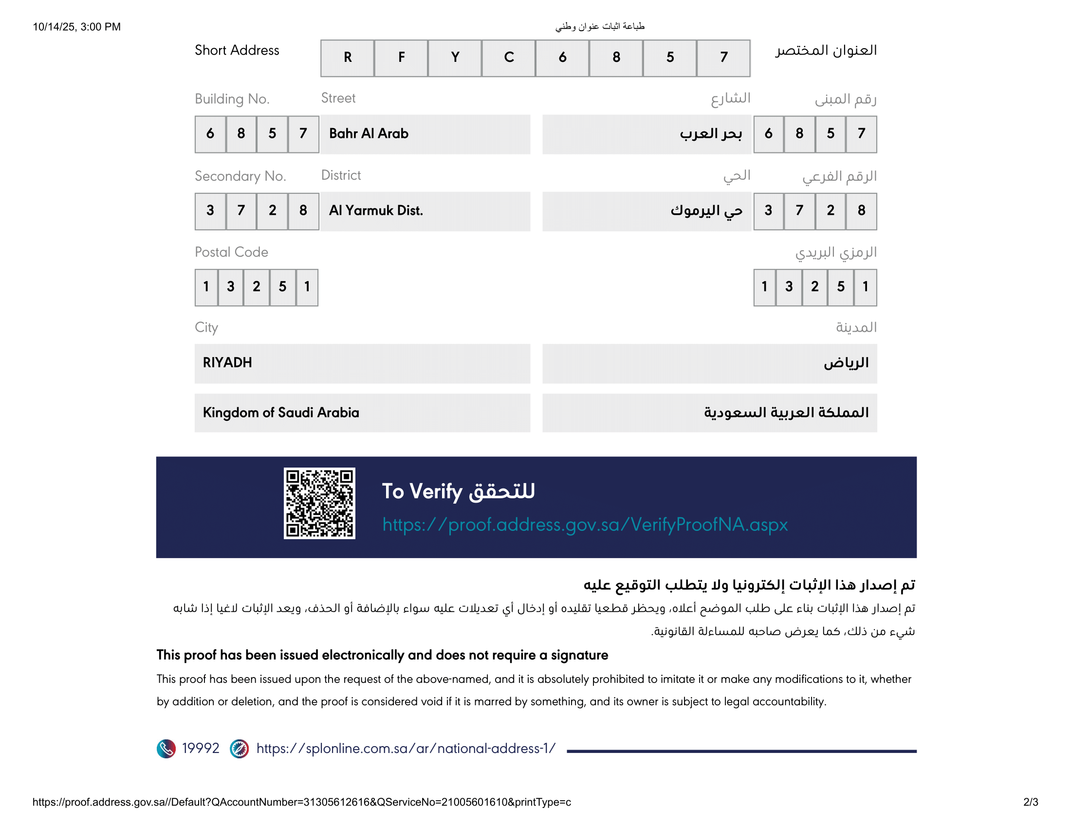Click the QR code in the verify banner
[x=319, y=503]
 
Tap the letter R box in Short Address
[x=347, y=58]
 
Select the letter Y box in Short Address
[x=455, y=58]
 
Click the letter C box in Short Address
[x=509, y=58]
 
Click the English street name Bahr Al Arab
[x=369, y=133]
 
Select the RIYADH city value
[x=227, y=362]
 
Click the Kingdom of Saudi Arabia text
[x=280, y=413]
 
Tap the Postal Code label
[x=231, y=252]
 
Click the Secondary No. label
[x=240, y=176]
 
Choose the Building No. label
[x=232, y=99]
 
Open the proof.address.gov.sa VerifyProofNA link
[x=585, y=525]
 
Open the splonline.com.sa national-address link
[x=406, y=748]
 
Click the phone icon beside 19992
[x=166, y=749]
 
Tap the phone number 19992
[x=201, y=748]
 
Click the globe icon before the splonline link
[x=239, y=749]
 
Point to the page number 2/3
[x=1030, y=802]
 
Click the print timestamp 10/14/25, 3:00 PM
[x=76, y=27]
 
